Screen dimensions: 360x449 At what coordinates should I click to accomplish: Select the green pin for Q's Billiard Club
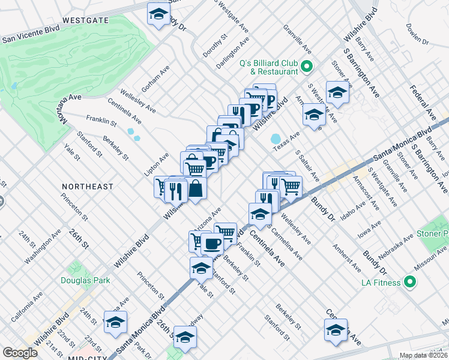click(x=307, y=67)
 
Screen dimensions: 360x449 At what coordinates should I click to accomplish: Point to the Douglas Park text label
click(x=85, y=280)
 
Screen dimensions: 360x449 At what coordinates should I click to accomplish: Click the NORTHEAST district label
click(x=87, y=187)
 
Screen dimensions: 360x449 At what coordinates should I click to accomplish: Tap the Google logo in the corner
click(x=20, y=353)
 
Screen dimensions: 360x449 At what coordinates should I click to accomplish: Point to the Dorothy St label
click(x=214, y=45)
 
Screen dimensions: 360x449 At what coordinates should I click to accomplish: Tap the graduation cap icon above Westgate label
click(x=158, y=14)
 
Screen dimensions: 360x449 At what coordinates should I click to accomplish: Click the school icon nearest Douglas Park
click(x=115, y=322)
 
